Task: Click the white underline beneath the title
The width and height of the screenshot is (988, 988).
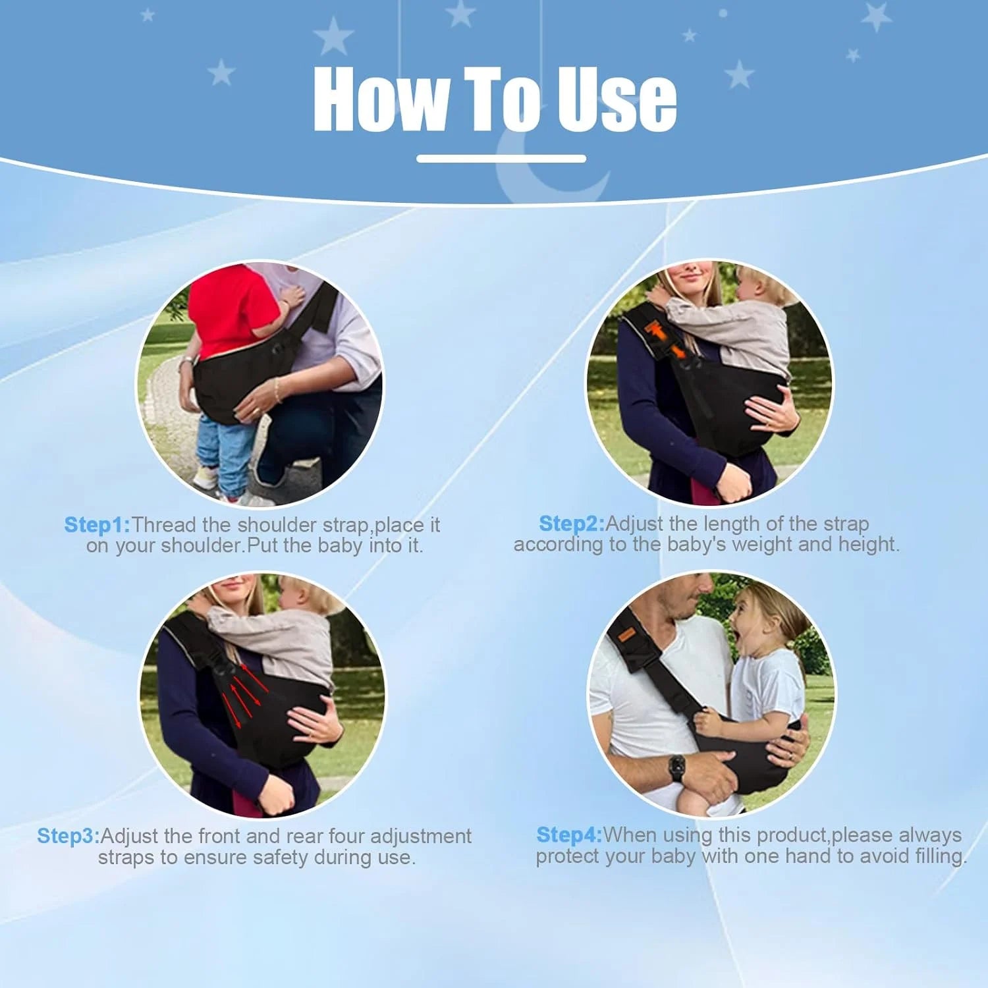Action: pos(501,159)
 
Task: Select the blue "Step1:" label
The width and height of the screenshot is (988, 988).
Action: pos(97,525)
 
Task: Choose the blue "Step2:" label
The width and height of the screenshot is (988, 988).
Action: pos(571,524)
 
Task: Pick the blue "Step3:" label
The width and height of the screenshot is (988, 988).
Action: pos(69,836)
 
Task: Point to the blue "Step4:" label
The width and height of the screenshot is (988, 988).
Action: pos(569,835)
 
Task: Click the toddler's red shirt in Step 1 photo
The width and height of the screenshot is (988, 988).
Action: pos(231,310)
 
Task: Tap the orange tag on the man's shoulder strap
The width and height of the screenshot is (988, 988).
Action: pos(626,634)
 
